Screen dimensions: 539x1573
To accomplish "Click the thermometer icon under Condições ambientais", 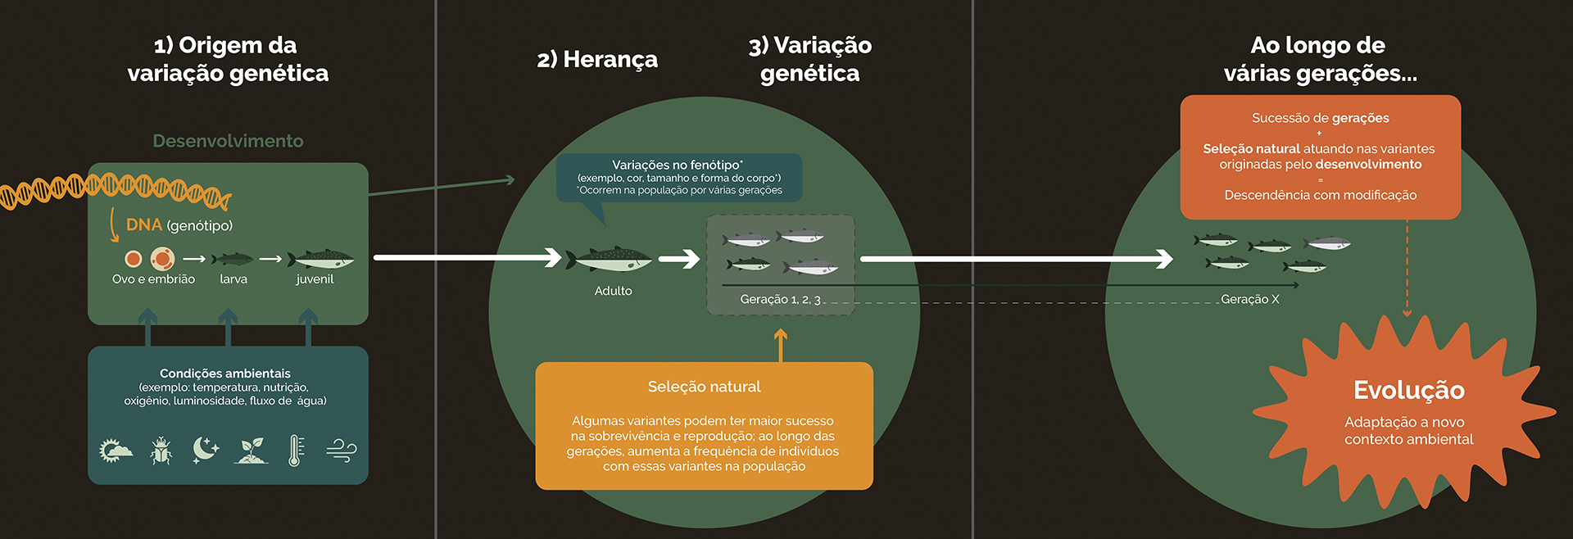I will [296, 451].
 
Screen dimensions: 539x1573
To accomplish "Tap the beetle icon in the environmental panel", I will [161, 451].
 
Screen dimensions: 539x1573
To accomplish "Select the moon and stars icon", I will [205, 450].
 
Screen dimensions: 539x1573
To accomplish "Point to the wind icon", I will [341, 451].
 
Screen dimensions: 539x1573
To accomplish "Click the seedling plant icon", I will [251, 451].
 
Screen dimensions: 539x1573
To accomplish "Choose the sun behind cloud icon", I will [115, 451].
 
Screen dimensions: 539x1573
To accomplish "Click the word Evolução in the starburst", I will [1408, 390].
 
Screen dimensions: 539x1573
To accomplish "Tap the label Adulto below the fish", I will [613, 291].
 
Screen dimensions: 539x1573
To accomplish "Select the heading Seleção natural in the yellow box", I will [704, 387].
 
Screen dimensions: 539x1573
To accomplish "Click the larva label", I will [233, 279].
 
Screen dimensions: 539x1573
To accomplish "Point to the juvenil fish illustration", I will [320, 259].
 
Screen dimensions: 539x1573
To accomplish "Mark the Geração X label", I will [1249, 299].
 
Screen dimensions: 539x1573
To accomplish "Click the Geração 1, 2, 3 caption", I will [780, 299].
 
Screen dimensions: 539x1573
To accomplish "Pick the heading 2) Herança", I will [597, 59].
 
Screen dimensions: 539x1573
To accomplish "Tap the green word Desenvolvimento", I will [228, 141].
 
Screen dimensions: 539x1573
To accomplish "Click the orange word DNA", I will [144, 224].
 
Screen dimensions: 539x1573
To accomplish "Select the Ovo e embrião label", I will [153, 279].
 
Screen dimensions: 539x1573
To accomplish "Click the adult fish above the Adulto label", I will [613, 260].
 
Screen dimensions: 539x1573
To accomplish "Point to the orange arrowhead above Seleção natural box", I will [781, 335].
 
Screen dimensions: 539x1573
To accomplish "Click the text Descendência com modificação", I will [1320, 195].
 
